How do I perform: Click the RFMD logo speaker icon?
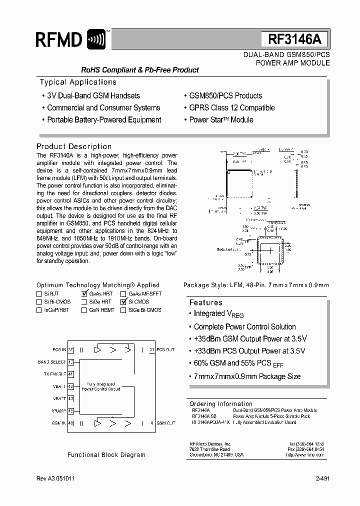pos(96,39)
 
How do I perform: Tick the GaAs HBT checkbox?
pos(84,294)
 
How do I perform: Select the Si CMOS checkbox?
pos(123,302)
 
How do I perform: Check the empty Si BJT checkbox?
pos(39,294)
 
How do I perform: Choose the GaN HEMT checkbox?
pos(84,310)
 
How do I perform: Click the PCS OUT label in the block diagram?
pos(166,349)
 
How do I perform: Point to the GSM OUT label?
pos(166,423)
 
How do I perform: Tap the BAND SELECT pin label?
pos(52,362)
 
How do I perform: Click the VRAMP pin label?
pos(58,411)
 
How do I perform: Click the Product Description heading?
pos(74,146)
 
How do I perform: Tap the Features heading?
pos(205,302)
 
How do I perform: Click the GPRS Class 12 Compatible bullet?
pos(231,107)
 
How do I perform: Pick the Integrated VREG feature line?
pos(218,314)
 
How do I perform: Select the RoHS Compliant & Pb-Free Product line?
pos(140,70)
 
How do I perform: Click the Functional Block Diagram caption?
pos(106,455)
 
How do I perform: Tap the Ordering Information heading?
pos(221,404)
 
